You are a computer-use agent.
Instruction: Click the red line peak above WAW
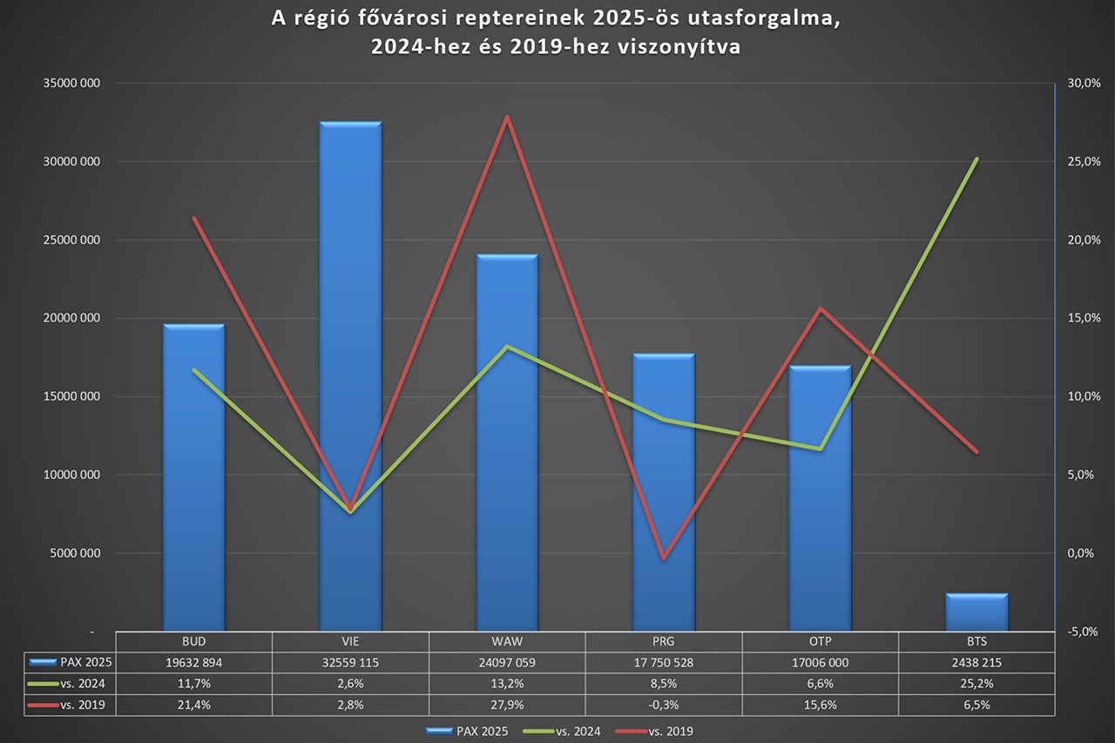click(507, 117)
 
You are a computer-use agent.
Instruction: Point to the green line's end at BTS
click(976, 159)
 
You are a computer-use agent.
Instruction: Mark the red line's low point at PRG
click(664, 557)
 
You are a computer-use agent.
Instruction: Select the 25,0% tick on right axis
click(1081, 162)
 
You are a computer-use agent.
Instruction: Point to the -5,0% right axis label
click(1081, 632)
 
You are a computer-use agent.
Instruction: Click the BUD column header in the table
click(193, 640)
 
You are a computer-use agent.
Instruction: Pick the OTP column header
click(820, 640)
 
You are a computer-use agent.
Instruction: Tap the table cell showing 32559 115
click(350, 662)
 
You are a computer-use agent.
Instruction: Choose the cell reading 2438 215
click(976, 662)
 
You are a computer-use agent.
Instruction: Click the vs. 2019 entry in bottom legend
click(669, 732)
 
